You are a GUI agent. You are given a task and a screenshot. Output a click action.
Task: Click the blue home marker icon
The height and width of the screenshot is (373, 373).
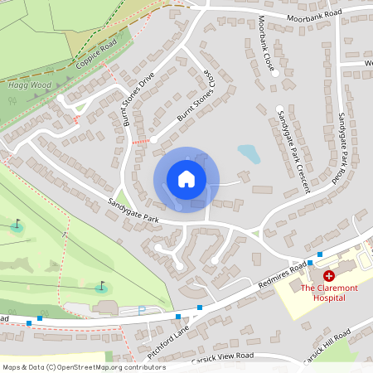click(186, 179)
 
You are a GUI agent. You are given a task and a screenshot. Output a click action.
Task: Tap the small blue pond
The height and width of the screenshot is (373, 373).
click(249, 154)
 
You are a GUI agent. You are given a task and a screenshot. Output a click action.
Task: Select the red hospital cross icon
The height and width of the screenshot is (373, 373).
click(329, 274)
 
